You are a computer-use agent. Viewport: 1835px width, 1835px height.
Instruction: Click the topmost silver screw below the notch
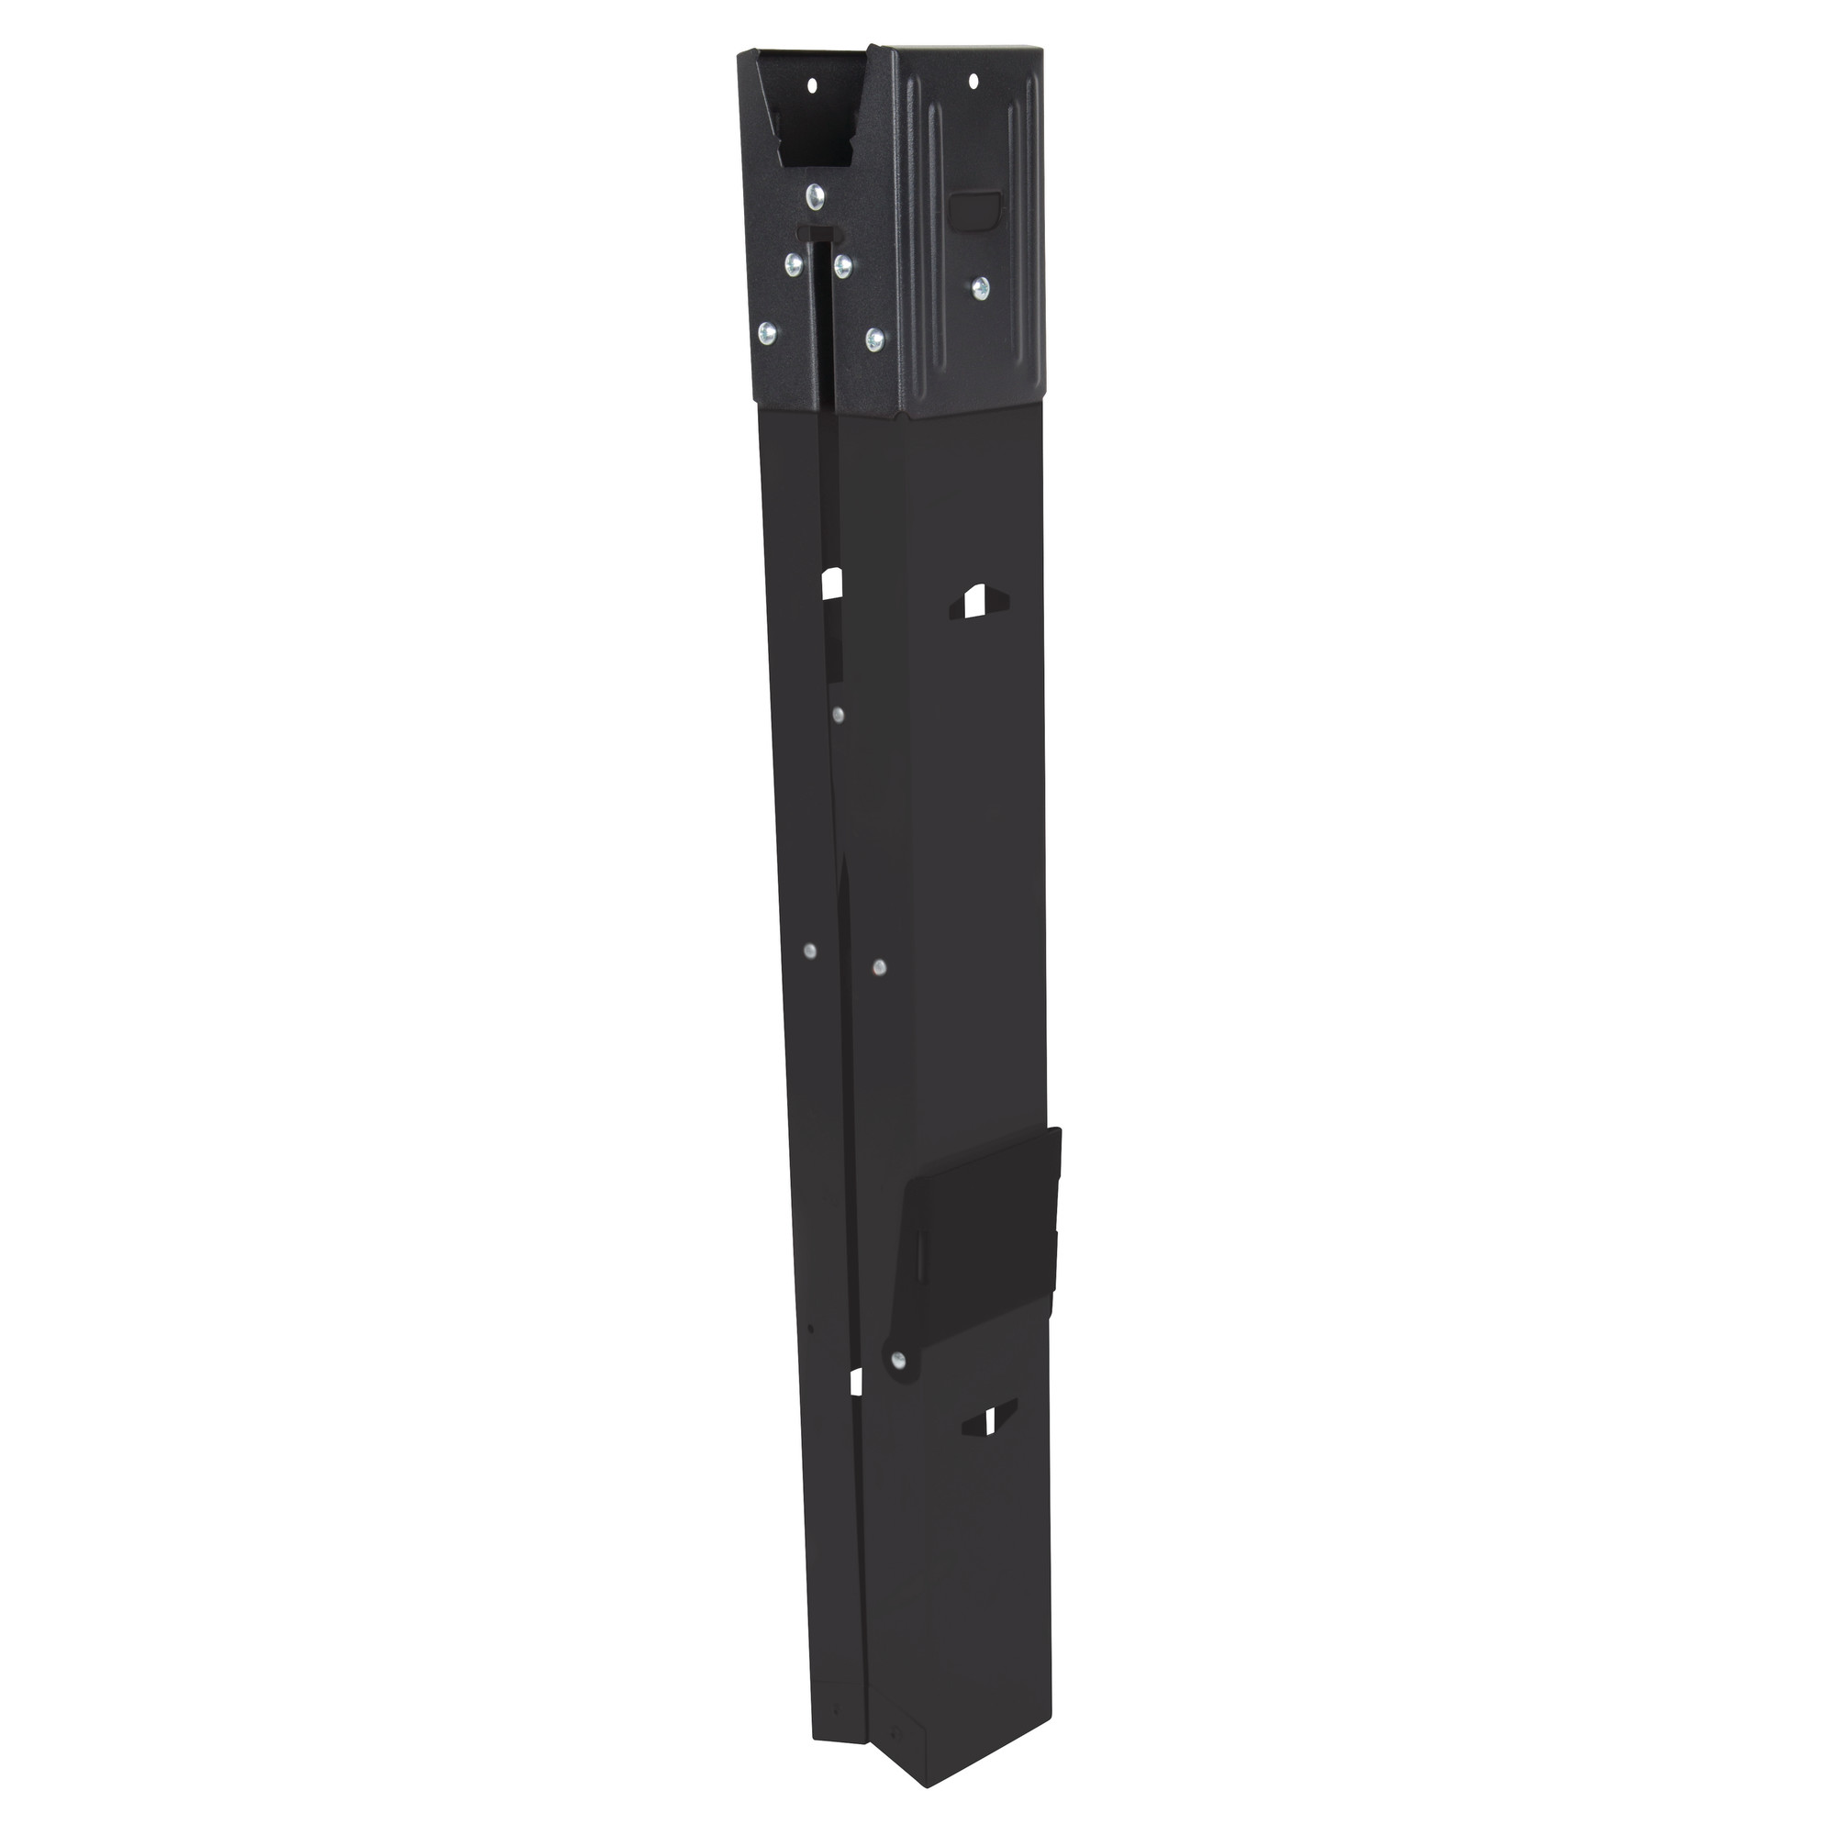click(814, 196)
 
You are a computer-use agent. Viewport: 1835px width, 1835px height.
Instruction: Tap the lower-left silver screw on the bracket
click(768, 332)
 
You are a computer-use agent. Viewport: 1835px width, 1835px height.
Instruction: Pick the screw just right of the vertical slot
click(842, 267)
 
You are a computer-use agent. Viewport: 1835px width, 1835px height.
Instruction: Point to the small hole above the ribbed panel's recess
click(973, 83)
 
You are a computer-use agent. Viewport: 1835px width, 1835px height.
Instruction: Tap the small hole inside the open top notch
click(812, 85)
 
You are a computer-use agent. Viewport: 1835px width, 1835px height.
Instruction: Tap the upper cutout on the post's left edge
click(832, 584)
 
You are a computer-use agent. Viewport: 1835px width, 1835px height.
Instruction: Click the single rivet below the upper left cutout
click(837, 713)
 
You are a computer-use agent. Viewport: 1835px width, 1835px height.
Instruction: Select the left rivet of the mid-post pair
click(809, 950)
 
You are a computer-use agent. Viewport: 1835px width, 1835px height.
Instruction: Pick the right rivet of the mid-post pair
click(879, 968)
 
